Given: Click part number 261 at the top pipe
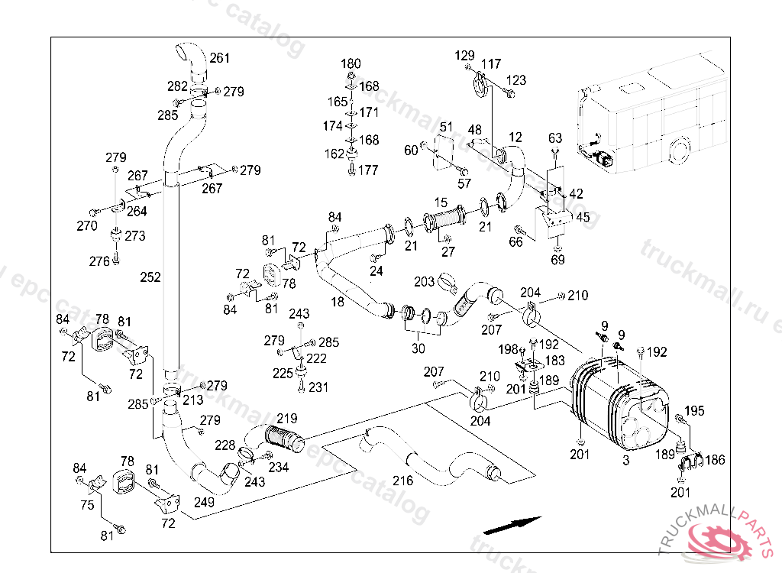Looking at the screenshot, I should click(220, 58).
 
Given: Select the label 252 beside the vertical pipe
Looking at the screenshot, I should click(151, 277).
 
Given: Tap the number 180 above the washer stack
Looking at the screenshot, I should click(351, 63).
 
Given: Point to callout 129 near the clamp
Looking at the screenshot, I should click(464, 55).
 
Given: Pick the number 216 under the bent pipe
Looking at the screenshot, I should click(402, 481).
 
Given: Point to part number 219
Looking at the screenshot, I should click(286, 418).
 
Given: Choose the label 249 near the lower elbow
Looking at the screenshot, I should click(205, 502).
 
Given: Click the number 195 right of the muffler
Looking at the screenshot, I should click(693, 412).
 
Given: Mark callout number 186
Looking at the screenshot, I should click(715, 460).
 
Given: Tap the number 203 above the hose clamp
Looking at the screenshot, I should click(425, 282).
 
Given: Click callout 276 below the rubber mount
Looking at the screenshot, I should click(99, 261).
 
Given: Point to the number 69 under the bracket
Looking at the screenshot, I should click(558, 261).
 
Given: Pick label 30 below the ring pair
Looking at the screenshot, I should click(418, 348).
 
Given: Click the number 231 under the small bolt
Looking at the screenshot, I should click(318, 387).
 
